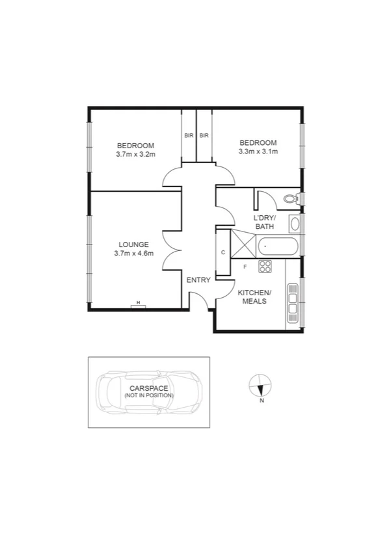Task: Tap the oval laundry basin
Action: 294,225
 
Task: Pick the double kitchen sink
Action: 293,303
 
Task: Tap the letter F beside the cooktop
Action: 245,267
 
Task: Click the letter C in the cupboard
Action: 223,252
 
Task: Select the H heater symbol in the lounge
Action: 138,303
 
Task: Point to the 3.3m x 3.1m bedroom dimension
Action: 258,152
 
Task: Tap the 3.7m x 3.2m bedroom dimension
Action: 135,154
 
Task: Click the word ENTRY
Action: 198,280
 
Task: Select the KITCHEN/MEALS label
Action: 254,297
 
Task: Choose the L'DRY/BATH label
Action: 265,222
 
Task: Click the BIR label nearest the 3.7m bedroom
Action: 189,136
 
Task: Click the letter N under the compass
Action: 262,401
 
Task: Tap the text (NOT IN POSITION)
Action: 149,395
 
